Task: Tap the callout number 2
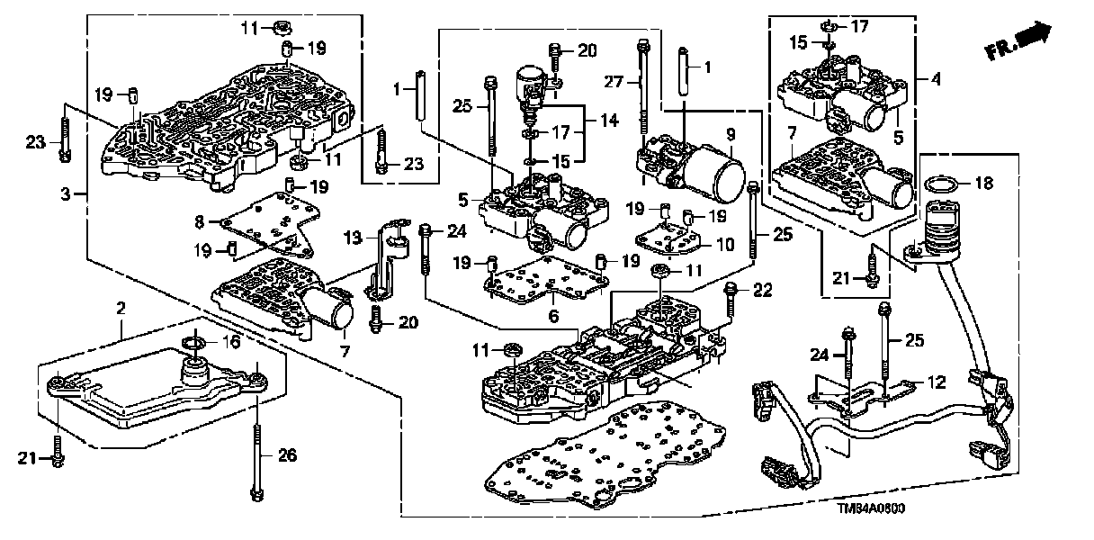(x=120, y=310)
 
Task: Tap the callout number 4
(x=936, y=80)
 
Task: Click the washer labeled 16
(x=193, y=343)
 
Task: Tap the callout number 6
(x=554, y=315)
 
